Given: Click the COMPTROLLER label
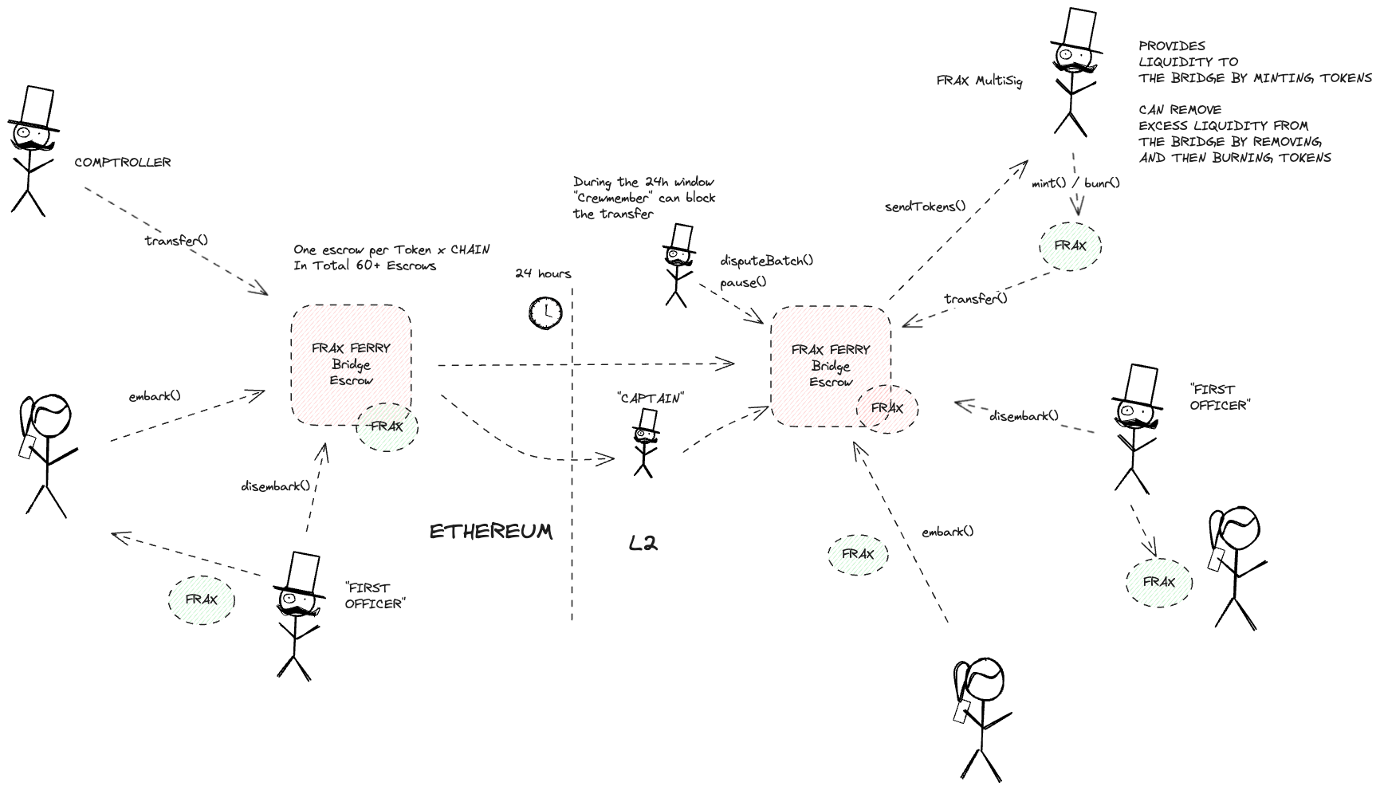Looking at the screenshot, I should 123,162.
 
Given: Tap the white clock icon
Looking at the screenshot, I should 546,312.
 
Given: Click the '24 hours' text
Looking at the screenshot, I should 543,273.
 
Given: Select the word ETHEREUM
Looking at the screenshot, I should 491,532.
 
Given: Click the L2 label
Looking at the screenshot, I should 643,544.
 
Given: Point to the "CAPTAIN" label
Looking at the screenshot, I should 651,398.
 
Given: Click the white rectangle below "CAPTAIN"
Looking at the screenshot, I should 648,419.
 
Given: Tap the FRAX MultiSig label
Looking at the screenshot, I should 979,81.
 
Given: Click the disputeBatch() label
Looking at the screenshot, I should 766,261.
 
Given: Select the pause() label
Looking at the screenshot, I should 743,282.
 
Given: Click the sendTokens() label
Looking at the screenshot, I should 925,206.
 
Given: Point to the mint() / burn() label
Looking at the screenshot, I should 1075,183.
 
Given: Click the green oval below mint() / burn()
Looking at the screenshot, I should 1070,247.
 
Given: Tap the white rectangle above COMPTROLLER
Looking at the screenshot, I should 37,106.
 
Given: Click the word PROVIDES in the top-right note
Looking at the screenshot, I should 1171,45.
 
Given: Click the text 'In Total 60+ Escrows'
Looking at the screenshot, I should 364,265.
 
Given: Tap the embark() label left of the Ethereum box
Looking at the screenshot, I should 155,395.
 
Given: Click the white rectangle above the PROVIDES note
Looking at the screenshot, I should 1079,29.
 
